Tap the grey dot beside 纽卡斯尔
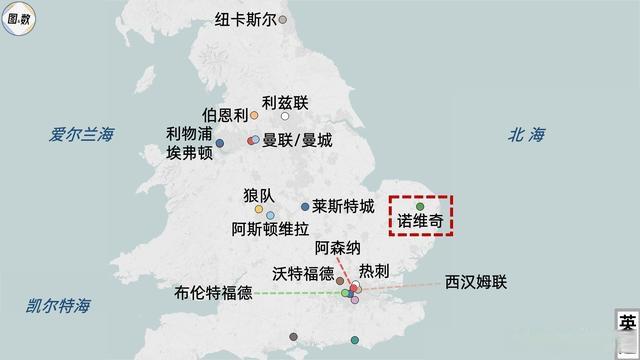283,19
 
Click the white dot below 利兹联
285,118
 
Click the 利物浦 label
189,134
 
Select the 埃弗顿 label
189,153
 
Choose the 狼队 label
258,195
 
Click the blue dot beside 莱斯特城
305,207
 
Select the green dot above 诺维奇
420,206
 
